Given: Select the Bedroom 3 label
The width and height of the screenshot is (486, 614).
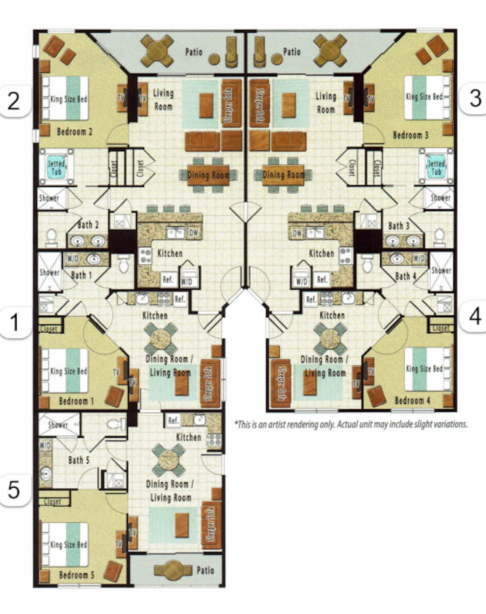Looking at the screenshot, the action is [410, 135].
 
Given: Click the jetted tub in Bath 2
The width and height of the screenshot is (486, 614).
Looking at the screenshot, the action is [56, 168].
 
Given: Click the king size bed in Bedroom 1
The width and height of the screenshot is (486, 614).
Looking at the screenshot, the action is [64, 371].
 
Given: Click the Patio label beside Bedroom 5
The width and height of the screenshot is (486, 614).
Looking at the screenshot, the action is [205, 570].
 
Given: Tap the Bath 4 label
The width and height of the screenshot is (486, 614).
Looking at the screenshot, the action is [406, 276].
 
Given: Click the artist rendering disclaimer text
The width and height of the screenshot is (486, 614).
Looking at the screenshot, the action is [351, 424].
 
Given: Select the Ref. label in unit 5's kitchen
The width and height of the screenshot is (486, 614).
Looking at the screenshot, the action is [173, 421].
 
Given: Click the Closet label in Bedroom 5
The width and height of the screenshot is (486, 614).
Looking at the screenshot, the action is [53, 502].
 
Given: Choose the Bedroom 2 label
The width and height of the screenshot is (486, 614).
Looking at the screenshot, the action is [75, 131].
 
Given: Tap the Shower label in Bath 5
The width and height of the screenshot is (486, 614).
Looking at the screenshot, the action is [58, 425].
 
